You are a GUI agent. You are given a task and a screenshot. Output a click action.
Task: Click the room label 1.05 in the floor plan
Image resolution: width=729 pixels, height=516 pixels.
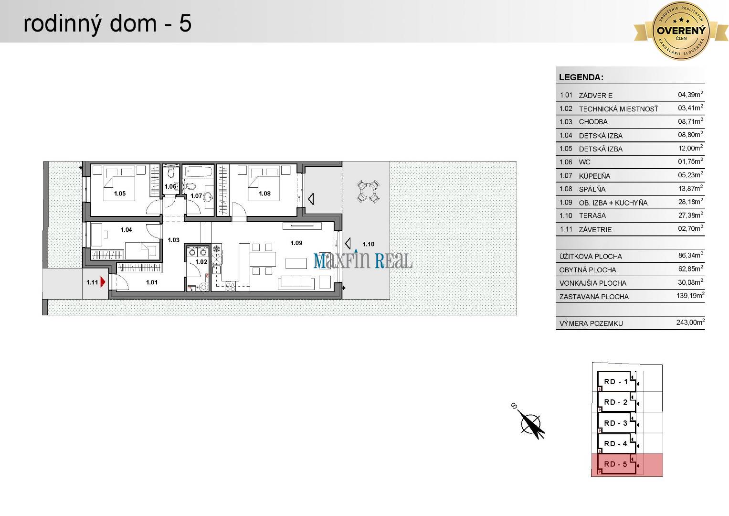[x=119, y=193]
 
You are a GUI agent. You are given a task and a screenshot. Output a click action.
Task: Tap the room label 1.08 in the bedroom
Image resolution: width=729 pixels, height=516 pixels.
[x=264, y=193]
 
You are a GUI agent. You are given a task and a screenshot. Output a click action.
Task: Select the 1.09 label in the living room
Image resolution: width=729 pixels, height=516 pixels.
[x=296, y=243]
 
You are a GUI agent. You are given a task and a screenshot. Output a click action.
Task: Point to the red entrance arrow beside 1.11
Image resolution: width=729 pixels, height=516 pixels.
[x=103, y=282]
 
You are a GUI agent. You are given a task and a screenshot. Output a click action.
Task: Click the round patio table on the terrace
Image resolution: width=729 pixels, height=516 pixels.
[x=368, y=191]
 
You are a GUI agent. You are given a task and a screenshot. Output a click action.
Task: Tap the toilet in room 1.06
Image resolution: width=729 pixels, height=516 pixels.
[x=171, y=174]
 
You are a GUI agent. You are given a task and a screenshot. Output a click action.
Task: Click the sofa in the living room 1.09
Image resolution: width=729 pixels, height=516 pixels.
[x=297, y=282]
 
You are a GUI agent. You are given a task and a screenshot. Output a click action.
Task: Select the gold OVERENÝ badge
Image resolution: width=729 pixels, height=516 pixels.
[x=681, y=30]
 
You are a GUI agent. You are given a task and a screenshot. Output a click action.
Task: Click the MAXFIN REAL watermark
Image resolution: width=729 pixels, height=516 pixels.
[x=363, y=261]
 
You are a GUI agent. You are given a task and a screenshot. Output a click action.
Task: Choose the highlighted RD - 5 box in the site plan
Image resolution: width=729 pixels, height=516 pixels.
[x=616, y=464]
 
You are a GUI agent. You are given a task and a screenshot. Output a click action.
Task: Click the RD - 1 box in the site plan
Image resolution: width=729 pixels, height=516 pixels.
[x=616, y=381]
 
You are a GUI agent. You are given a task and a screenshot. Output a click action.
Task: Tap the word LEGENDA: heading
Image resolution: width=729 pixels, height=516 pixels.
[x=581, y=77]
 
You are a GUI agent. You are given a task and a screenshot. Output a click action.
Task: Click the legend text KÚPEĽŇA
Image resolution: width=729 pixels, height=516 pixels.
[x=594, y=176]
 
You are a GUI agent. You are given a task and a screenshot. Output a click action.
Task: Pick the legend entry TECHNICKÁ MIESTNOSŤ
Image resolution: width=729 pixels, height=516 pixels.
[x=618, y=109]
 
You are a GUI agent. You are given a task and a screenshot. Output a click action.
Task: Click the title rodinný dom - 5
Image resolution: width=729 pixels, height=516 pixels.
[x=107, y=23]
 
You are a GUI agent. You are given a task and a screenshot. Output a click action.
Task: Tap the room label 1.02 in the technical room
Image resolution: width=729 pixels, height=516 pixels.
[x=201, y=262]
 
